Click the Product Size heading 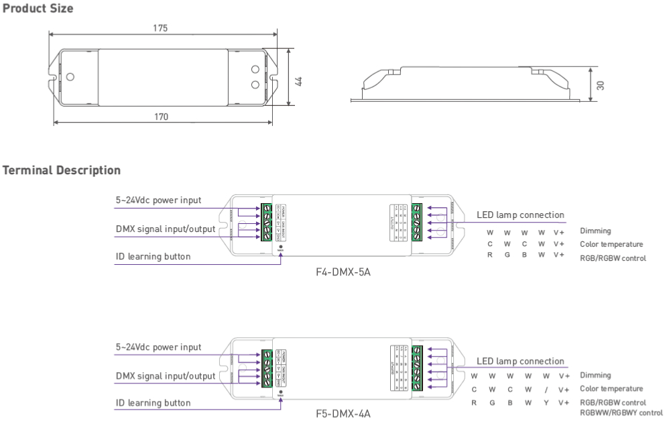click(38, 9)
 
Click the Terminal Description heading click(62, 170)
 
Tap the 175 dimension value click(160, 28)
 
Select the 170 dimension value click(161, 117)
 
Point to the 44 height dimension click(299, 80)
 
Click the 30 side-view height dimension click(600, 85)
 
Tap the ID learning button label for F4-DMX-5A click(153, 257)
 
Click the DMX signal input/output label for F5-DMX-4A click(166, 376)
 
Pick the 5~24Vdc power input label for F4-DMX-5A click(158, 200)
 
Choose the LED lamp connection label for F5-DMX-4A click(520, 361)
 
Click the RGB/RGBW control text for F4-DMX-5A click(613, 258)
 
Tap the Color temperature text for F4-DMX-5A click(611, 245)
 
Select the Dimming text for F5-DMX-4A click(595, 375)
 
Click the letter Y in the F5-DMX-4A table click(546, 403)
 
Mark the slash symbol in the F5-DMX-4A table click(546, 389)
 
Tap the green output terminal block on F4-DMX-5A click(416, 221)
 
